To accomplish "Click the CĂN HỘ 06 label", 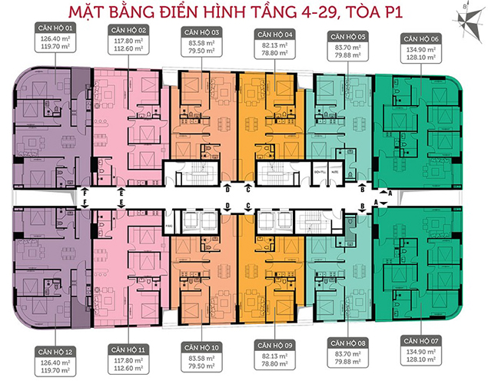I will [421, 37].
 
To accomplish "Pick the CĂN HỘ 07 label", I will [421, 339].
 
